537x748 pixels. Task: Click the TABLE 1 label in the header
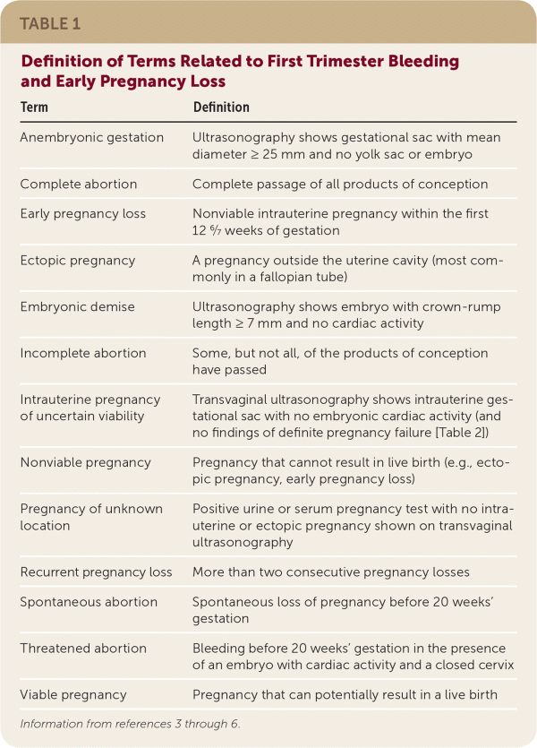(50, 24)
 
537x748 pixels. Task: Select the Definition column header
(221, 107)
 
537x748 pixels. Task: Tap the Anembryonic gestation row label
(92, 137)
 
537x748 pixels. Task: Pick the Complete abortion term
(79, 184)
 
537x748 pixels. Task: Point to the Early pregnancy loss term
(83, 213)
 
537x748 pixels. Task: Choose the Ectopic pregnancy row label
(78, 260)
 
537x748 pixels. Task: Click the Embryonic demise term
(78, 306)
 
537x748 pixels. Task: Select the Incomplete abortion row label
(83, 353)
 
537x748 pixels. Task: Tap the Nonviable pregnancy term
(86, 462)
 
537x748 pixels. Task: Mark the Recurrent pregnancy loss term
(97, 571)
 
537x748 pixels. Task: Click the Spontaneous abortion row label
(89, 601)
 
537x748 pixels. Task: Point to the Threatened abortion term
(84, 648)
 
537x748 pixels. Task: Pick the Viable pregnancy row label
(73, 694)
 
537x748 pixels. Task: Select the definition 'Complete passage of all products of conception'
(340, 184)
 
